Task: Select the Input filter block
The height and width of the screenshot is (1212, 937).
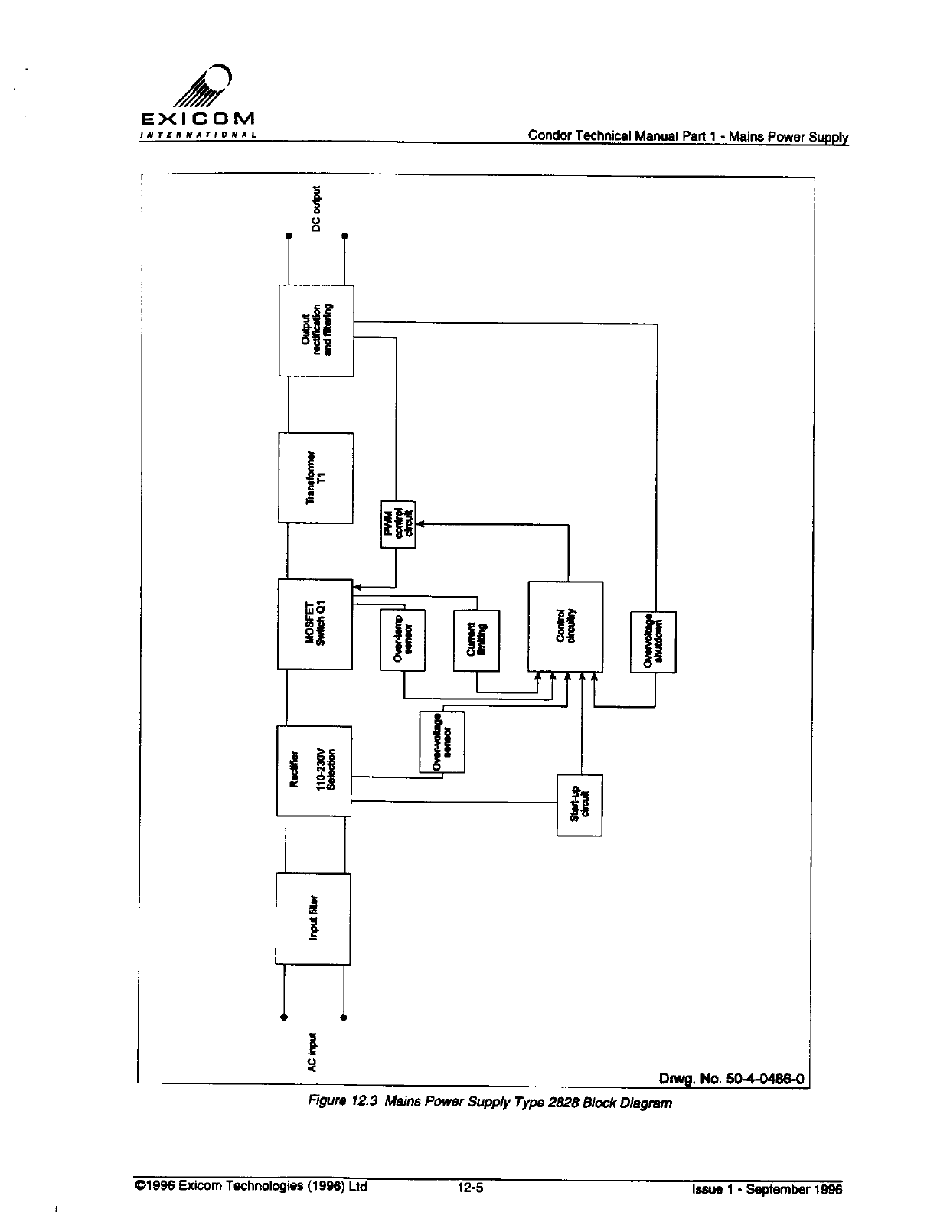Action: click(313, 918)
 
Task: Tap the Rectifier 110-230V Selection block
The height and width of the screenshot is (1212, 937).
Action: click(314, 771)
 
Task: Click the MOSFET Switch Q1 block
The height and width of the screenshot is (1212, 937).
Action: click(315, 624)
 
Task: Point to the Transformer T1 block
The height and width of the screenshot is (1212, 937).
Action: click(316, 477)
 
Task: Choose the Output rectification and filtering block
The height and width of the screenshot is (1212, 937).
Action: click(316, 331)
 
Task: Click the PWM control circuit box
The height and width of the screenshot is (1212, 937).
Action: click(397, 524)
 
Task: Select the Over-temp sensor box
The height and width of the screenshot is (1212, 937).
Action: click(403, 640)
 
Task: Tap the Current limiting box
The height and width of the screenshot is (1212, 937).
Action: click(476, 640)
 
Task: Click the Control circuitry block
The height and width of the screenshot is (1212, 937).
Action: click(566, 625)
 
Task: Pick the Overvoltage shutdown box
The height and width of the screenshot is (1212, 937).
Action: click(653, 641)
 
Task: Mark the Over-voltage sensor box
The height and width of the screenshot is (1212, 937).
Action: click(442, 741)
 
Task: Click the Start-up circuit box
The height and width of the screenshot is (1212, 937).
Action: click(580, 805)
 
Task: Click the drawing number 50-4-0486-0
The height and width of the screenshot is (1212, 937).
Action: click(731, 1079)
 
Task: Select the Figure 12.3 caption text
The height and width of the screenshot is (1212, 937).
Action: click(489, 1103)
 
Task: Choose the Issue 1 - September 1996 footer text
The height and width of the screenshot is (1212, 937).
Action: click(766, 1189)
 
